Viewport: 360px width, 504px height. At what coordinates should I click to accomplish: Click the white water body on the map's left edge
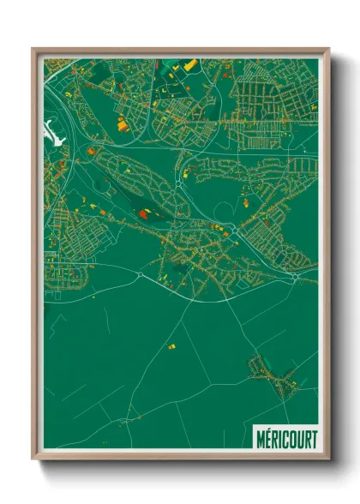51,133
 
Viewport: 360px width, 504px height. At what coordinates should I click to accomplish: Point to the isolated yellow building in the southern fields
170,346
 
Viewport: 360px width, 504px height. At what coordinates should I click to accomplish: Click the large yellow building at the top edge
189,63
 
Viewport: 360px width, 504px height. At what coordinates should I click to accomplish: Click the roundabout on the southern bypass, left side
139,275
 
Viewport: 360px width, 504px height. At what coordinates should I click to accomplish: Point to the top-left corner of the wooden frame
33,49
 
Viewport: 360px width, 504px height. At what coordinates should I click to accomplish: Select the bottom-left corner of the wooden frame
33,459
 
